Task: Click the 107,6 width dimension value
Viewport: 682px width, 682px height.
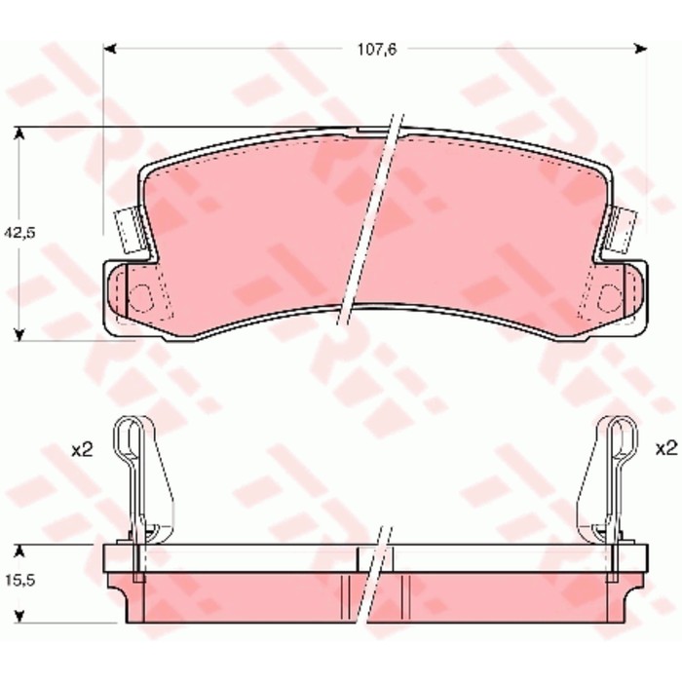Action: point(377,50)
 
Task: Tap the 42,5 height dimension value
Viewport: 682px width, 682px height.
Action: point(19,233)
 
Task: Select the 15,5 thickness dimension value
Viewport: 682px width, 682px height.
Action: point(20,581)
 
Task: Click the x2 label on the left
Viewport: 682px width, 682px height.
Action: point(82,450)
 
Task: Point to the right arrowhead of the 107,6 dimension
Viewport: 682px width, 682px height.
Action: point(641,49)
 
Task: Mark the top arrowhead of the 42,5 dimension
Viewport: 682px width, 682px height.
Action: point(19,133)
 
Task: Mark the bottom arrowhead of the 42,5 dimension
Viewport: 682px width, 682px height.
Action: point(19,334)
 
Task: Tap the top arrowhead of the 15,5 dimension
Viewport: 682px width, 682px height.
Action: point(19,551)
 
